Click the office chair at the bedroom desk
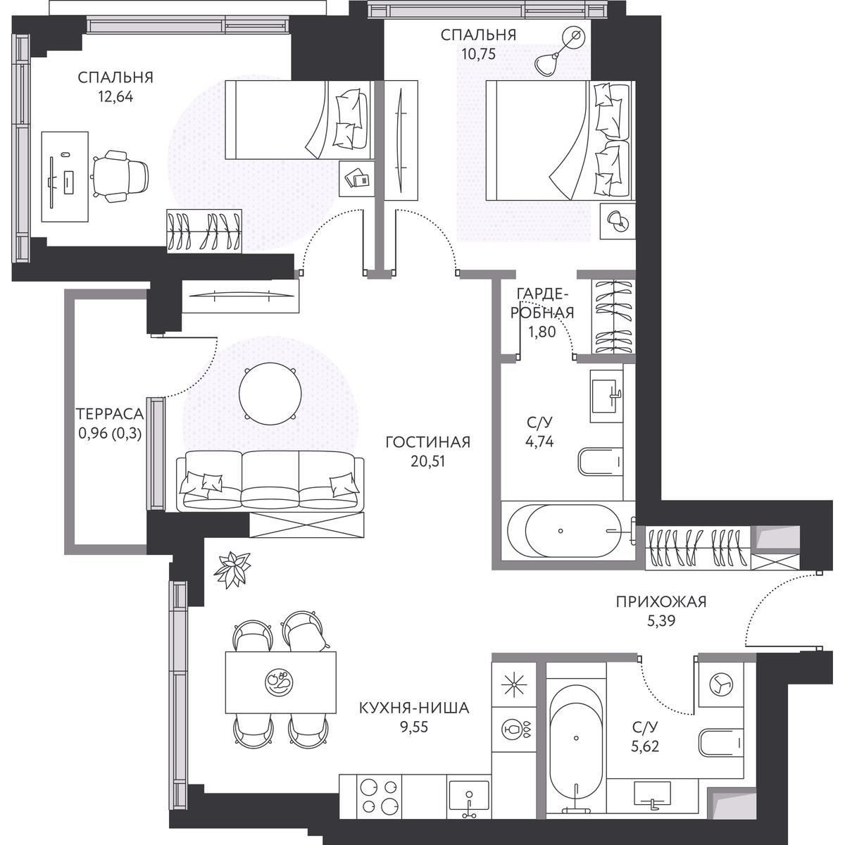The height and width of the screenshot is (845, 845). tap(120, 176)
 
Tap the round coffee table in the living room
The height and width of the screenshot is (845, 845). tap(270, 394)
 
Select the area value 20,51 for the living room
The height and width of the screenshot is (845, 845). tap(427, 461)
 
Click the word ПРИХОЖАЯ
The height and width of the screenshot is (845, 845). tap(661, 602)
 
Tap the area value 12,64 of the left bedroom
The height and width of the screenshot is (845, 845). tap(115, 96)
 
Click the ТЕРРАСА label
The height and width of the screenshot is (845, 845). tap(110, 413)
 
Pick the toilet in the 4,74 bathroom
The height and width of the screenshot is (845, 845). tap(601, 462)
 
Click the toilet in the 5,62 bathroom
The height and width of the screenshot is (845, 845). tap(721, 742)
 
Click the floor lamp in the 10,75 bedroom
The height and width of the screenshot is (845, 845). tap(560, 51)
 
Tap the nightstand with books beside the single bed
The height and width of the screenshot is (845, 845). tap(357, 178)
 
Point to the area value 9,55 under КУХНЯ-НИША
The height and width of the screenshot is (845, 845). tap(413, 727)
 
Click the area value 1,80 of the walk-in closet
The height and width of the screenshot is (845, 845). tap(542, 332)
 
